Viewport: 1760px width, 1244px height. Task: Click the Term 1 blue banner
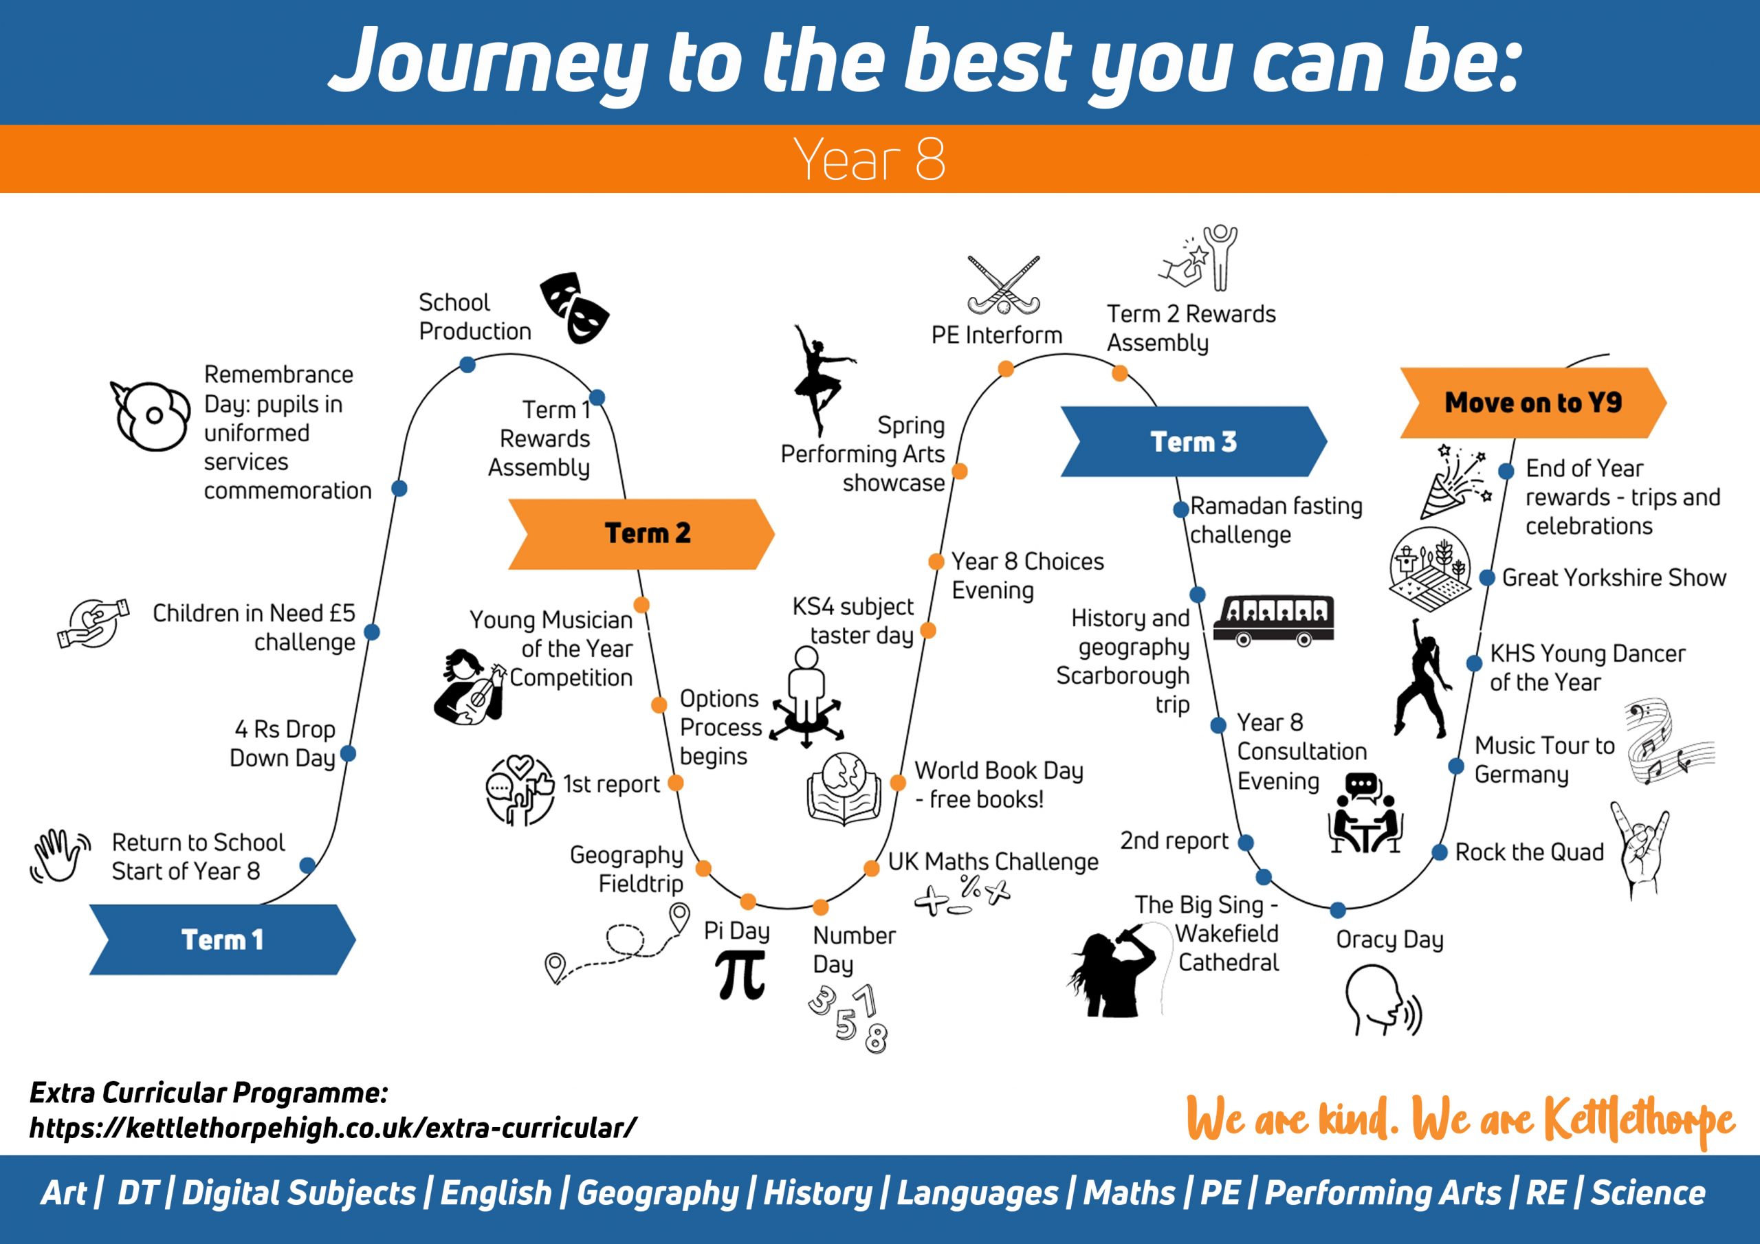(x=222, y=939)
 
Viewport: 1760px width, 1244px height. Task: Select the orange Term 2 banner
(x=641, y=533)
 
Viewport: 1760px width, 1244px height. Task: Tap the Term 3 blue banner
(x=1193, y=441)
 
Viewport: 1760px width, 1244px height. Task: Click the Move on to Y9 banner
(x=1533, y=402)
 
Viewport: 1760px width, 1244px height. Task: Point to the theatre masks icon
(x=575, y=307)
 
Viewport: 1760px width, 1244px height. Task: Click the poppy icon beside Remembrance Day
(x=151, y=415)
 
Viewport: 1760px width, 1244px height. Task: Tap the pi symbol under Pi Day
(x=740, y=974)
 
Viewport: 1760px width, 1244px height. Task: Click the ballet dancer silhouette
(x=822, y=380)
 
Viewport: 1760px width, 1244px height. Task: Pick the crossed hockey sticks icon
(x=1004, y=285)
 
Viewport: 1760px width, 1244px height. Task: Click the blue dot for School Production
(x=467, y=365)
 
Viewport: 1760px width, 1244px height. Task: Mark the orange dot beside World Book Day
(x=898, y=783)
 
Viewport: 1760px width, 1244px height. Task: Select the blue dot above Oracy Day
(x=1338, y=910)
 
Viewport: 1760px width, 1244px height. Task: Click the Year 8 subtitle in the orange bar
(x=869, y=159)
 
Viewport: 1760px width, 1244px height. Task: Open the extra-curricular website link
(x=333, y=1127)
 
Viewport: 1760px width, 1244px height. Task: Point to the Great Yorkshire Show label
(x=1614, y=577)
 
